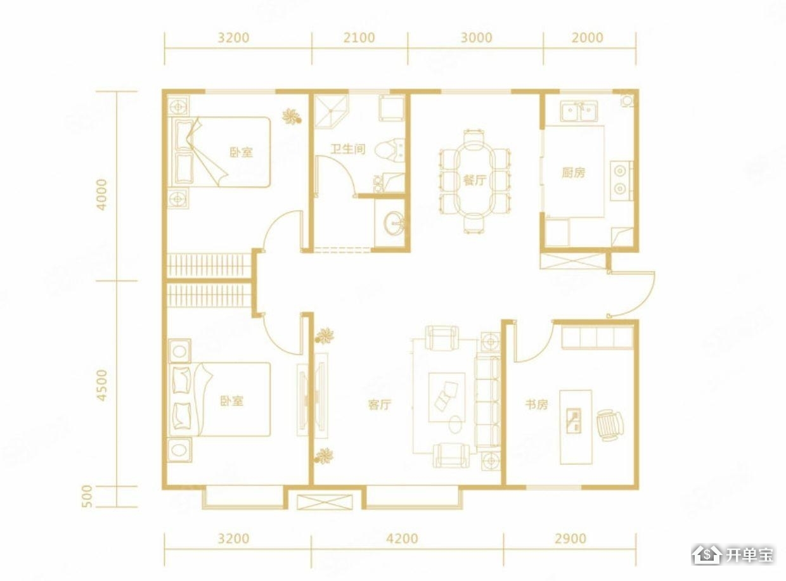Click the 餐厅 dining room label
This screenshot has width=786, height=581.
[x=474, y=181]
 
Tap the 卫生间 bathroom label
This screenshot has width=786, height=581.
[x=347, y=149]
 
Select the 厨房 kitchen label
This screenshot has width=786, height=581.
[x=573, y=173]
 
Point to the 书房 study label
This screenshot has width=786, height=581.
[x=536, y=404]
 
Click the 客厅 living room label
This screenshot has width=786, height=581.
[x=379, y=404]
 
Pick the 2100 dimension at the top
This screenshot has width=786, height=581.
[x=359, y=37]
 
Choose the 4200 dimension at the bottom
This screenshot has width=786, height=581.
[x=402, y=539]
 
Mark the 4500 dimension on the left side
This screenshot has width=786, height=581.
[x=101, y=385]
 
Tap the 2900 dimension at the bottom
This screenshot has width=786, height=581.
[x=570, y=539]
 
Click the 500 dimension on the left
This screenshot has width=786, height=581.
[x=87, y=496]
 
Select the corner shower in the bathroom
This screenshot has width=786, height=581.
[x=331, y=110]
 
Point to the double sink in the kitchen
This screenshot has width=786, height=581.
[x=579, y=111]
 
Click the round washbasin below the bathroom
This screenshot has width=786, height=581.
[x=394, y=223]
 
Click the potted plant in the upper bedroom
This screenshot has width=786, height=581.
[x=292, y=116]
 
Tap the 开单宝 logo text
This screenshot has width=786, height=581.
[x=749, y=554]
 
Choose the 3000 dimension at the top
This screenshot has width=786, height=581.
[x=476, y=37]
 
